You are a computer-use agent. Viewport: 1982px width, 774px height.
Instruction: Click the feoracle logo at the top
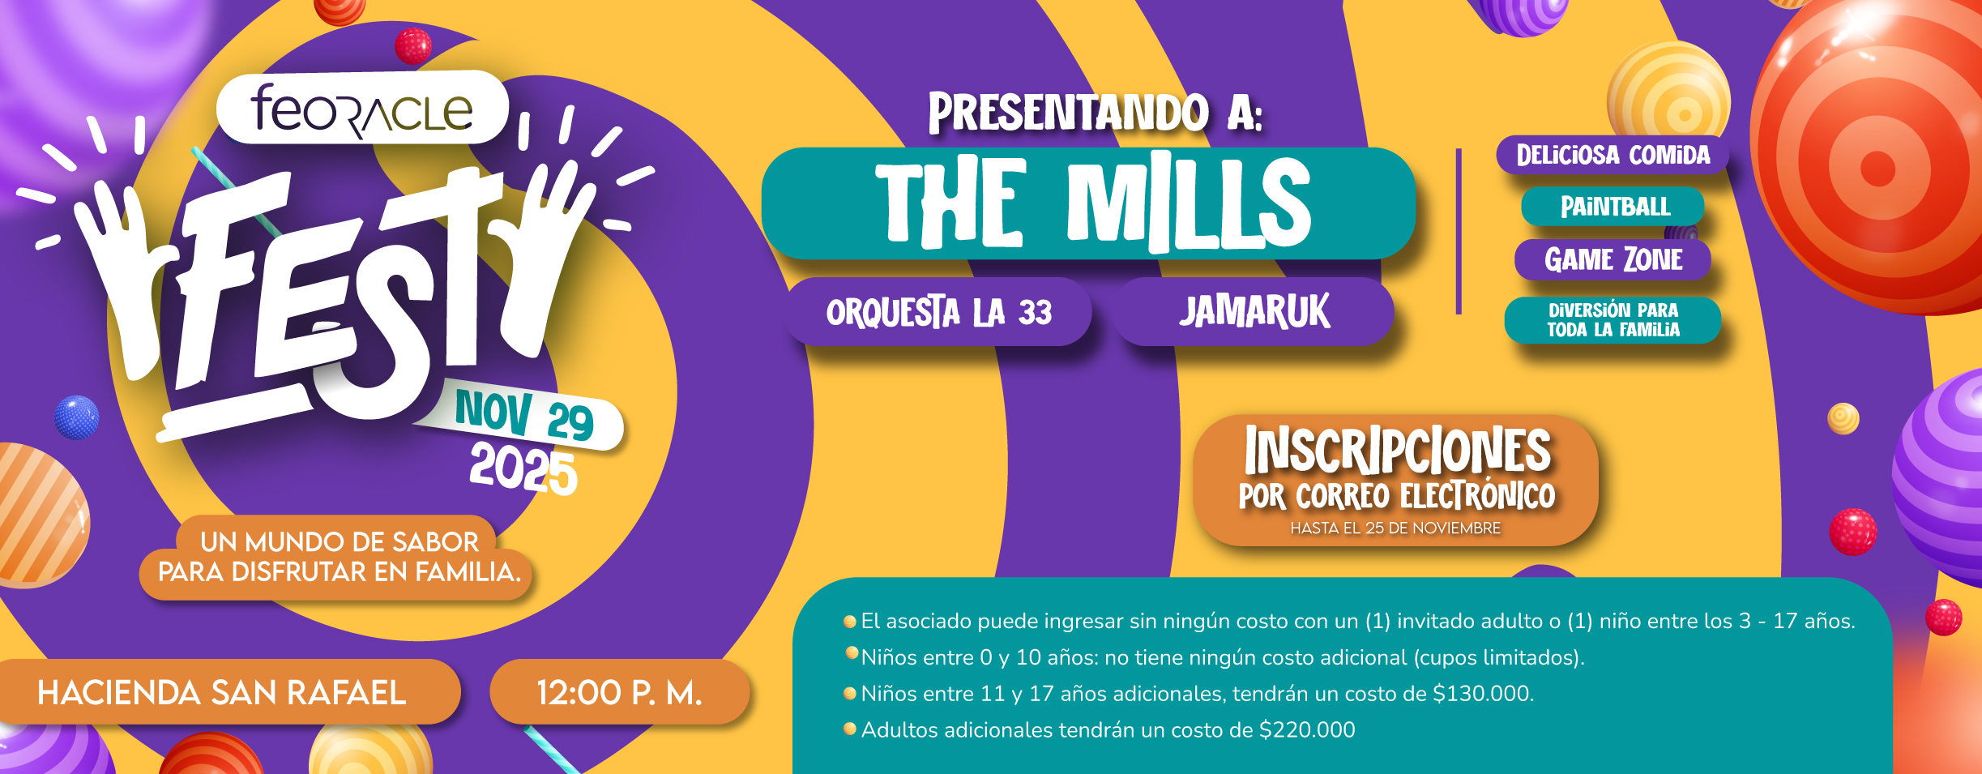pyautogui.click(x=362, y=108)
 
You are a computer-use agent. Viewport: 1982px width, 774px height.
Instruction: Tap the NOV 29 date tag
pyautogui.click(x=524, y=415)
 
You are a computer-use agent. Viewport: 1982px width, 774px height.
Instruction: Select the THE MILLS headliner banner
pyautogui.click(x=1088, y=203)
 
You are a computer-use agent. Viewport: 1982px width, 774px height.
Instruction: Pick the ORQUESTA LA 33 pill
pyautogui.click(x=938, y=312)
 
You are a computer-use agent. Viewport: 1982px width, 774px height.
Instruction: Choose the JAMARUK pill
pyautogui.click(x=1254, y=312)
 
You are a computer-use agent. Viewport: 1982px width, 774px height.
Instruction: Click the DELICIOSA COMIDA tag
pyautogui.click(x=1613, y=155)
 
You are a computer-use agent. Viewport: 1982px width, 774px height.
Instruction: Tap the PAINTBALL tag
pyautogui.click(x=1614, y=207)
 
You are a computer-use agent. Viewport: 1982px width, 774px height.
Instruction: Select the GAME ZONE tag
pyautogui.click(x=1613, y=259)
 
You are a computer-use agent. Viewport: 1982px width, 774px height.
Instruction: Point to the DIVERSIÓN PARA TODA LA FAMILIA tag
pyautogui.click(x=1613, y=320)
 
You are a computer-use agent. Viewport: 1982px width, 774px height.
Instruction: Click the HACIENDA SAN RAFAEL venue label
pyautogui.click(x=222, y=692)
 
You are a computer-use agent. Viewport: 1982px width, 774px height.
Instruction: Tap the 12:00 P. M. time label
pyautogui.click(x=620, y=692)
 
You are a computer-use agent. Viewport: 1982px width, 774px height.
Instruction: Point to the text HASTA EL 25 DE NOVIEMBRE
pyautogui.click(x=1395, y=528)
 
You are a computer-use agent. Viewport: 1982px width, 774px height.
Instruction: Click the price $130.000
pyautogui.click(x=1483, y=694)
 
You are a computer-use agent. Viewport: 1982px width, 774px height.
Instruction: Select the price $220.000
pyautogui.click(x=1306, y=730)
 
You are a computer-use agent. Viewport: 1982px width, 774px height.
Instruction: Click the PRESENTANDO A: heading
pyautogui.click(x=1095, y=113)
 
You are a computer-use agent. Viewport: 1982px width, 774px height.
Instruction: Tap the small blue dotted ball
pyautogui.click(x=76, y=417)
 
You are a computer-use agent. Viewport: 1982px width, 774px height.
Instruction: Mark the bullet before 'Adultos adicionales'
pyautogui.click(x=850, y=729)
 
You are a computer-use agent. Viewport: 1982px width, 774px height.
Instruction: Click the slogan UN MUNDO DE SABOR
pyautogui.click(x=340, y=541)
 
